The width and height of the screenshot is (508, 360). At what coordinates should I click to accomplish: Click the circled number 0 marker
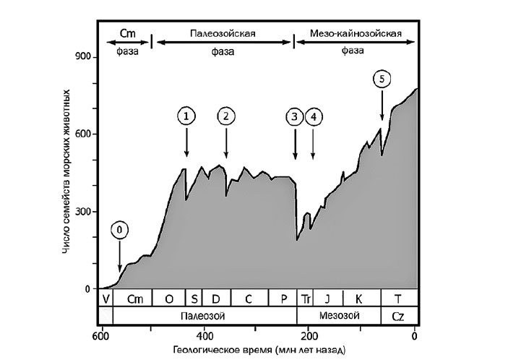tap(121, 230)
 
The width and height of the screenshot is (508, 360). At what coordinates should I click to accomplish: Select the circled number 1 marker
tap(186, 116)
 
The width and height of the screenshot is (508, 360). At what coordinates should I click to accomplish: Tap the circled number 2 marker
tap(226, 116)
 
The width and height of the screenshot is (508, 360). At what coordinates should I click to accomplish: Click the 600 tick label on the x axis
tap(101, 336)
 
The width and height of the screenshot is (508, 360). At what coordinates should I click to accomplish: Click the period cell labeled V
tap(106, 298)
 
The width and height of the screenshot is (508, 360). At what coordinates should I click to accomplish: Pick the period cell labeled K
tap(358, 298)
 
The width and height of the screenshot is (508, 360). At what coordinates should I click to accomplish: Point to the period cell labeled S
tap(194, 298)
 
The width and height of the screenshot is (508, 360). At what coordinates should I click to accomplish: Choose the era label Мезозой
tap(338, 316)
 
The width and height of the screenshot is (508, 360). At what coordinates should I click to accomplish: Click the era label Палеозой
tap(205, 316)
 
